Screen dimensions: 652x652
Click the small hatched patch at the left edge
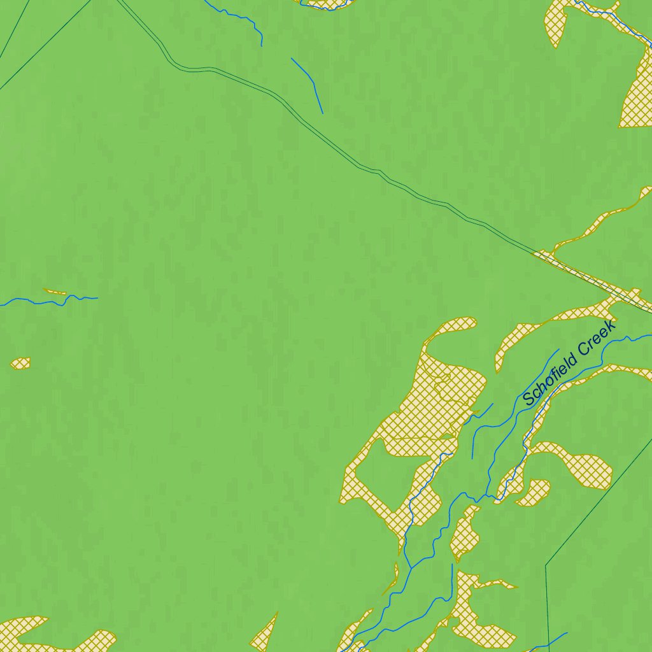20,363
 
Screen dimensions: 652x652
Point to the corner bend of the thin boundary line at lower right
546,564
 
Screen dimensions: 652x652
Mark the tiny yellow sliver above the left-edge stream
55,292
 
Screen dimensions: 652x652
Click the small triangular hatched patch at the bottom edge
266,634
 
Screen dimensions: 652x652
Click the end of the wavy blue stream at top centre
262,45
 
